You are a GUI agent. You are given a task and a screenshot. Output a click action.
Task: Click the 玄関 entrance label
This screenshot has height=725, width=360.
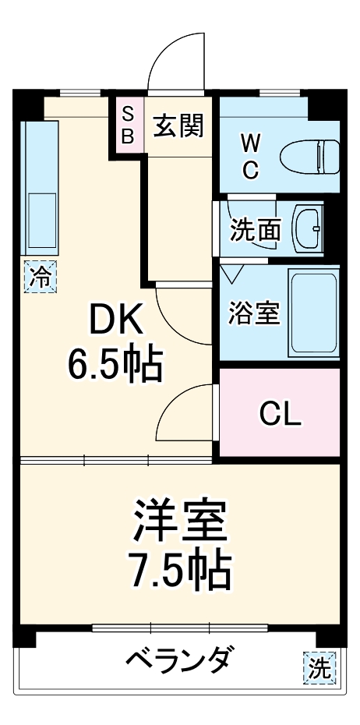coord(178,126)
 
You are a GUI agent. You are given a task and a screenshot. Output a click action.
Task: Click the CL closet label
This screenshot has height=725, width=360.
coord(279,415)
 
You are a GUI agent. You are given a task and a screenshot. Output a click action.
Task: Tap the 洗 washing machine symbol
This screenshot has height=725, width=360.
coord(318,667)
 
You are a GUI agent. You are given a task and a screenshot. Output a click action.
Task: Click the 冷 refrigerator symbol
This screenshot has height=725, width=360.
coord(41,275)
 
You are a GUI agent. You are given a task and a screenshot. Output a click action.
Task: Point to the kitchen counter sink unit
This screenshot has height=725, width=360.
coord(39,187)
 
